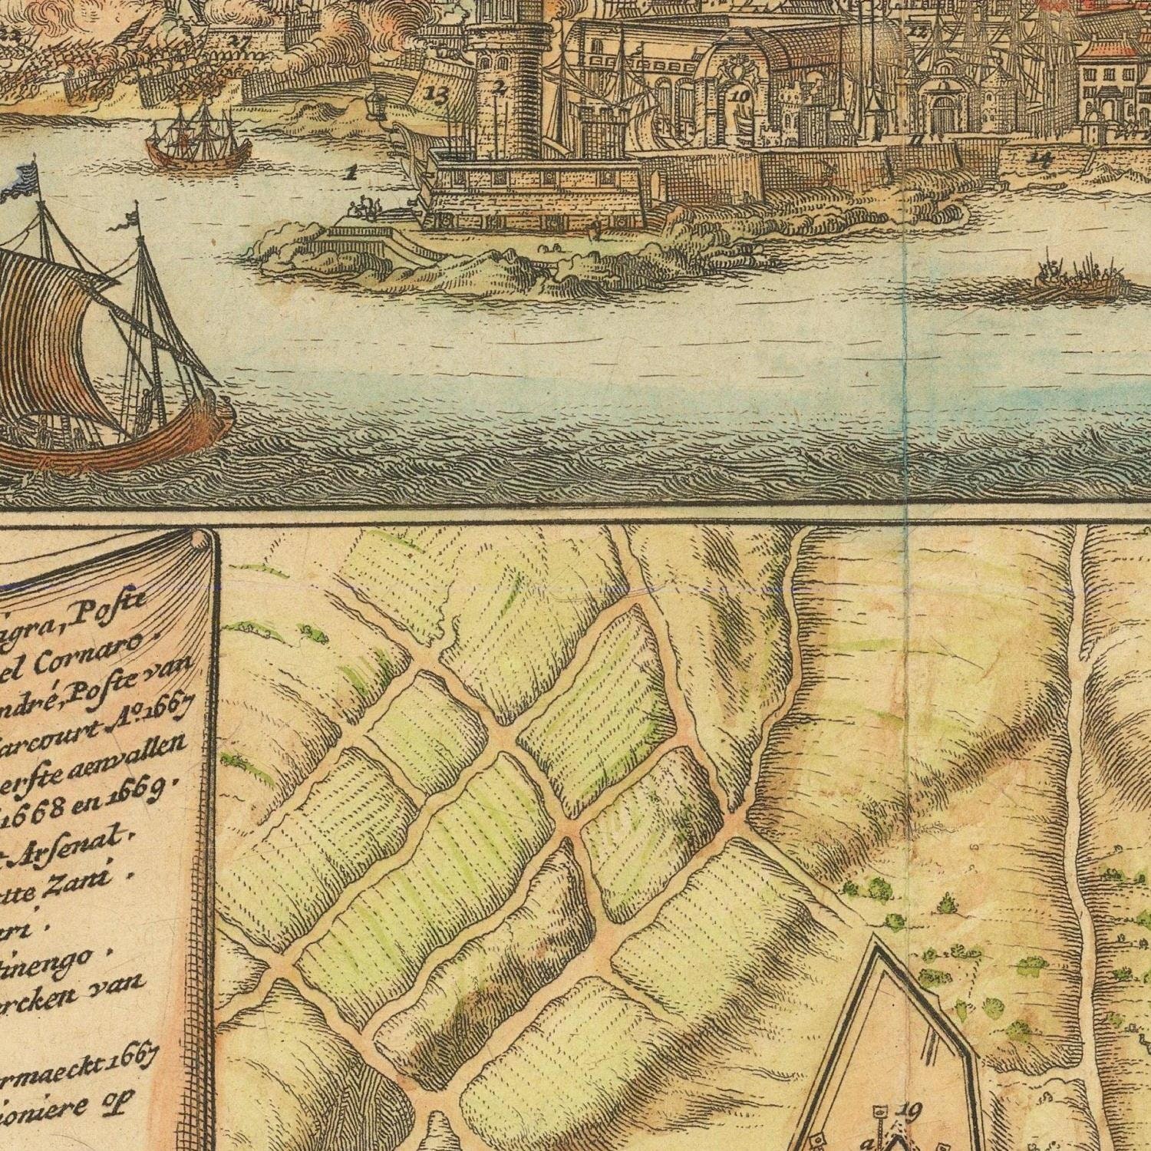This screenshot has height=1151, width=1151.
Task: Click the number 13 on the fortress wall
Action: pos(436,95)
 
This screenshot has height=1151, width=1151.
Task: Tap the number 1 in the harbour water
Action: pos(351,173)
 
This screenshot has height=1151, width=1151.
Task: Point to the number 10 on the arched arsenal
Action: pos(740,96)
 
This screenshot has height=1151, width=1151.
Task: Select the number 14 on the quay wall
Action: pos(1041,159)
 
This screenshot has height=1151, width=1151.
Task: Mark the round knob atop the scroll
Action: pos(202,540)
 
